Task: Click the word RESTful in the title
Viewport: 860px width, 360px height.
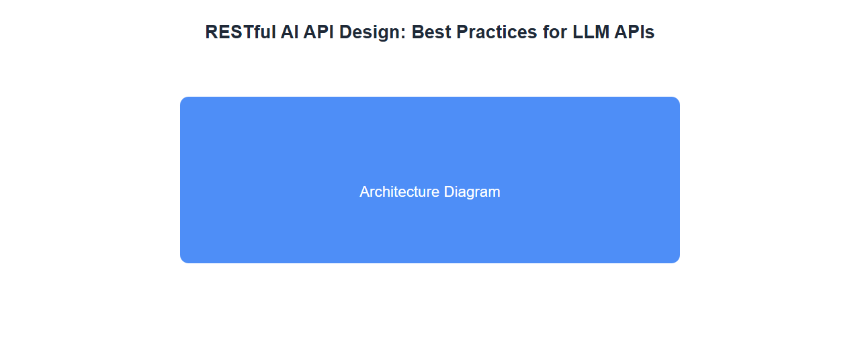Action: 241,32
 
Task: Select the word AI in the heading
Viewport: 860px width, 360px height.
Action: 290,32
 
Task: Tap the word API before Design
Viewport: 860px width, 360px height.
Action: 318,32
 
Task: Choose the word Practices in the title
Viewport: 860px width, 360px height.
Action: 497,32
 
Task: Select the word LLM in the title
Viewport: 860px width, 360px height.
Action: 591,32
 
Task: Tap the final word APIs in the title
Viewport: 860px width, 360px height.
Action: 634,32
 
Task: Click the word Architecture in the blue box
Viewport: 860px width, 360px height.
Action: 399,192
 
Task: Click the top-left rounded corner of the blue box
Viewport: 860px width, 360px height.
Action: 182,99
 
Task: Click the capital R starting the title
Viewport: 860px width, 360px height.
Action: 212,32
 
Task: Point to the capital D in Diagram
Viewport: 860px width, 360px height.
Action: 449,192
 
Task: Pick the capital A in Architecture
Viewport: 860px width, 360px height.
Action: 365,192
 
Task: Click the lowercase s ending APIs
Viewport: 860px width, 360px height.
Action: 650,34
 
